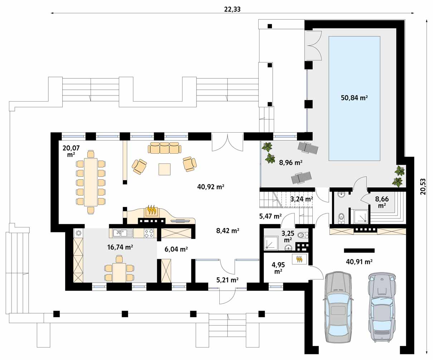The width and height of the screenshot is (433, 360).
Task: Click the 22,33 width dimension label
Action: [x=232, y=9]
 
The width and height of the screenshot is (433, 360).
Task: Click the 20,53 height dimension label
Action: [x=423, y=187]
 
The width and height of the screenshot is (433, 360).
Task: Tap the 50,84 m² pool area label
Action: [x=354, y=98]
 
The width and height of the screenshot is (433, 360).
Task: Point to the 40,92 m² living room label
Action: [x=211, y=187]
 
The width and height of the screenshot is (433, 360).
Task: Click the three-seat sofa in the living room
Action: [x=165, y=148]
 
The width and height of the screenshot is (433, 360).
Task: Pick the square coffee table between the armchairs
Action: [x=165, y=169]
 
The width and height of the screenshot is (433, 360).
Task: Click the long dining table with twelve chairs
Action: [x=91, y=182]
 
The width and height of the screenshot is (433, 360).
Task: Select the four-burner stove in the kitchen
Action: [x=149, y=233]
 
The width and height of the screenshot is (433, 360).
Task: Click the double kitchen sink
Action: [x=122, y=233]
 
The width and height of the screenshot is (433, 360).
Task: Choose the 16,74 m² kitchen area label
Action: [x=120, y=247]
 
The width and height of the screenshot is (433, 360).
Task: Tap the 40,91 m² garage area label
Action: [x=359, y=262]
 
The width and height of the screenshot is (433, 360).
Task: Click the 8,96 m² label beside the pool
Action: [x=291, y=163]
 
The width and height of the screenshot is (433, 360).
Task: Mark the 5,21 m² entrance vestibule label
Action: [x=227, y=280]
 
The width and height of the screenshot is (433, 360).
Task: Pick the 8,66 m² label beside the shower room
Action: [x=382, y=202]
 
